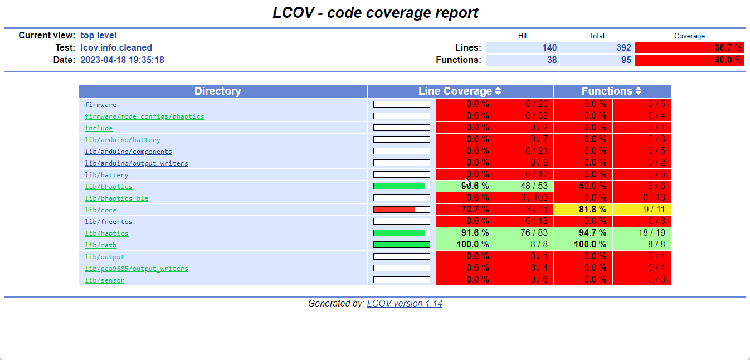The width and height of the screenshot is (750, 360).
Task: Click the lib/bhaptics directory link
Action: click(108, 187)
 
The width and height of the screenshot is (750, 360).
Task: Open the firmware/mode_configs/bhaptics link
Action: click(144, 116)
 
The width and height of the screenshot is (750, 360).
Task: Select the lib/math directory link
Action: click(100, 245)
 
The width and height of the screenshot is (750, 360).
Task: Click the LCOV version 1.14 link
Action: click(405, 304)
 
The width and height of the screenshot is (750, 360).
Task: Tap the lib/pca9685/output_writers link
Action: click(136, 269)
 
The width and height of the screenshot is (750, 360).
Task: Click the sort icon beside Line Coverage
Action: click(498, 91)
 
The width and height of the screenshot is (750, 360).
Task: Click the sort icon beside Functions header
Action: click(639, 91)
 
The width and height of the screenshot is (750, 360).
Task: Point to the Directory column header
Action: click(217, 91)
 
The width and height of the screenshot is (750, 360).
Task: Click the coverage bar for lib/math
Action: click(401, 245)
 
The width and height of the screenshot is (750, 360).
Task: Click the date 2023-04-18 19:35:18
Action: click(122, 60)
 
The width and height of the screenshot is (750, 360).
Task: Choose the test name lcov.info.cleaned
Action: click(116, 48)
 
